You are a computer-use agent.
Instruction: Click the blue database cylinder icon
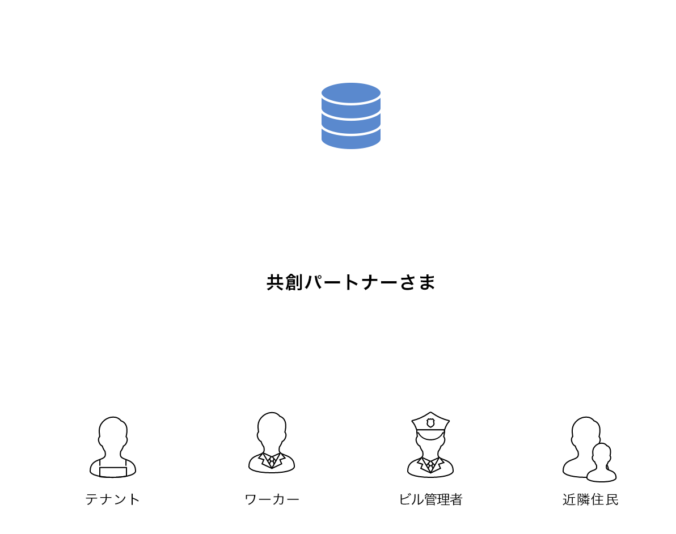coord(350,116)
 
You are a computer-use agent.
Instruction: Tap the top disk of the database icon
coord(350,93)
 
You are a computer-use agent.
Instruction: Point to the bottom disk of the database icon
coord(350,139)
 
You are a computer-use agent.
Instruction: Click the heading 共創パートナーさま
coord(350,282)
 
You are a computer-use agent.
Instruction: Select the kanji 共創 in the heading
coord(285,282)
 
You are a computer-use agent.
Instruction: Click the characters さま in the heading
coord(417,282)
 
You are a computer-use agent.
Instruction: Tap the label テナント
coord(112,499)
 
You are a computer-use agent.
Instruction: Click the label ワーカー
coord(272,499)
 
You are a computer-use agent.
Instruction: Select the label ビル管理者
coord(430,499)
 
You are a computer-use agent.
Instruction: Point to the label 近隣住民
coord(590,499)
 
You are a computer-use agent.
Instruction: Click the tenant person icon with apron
coord(112,447)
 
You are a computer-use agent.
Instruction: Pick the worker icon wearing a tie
coord(272,443)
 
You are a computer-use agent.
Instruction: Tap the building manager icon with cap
coord(430,445)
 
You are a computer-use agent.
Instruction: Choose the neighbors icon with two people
coord(589,449)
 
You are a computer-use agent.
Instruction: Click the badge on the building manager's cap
coord(430,422)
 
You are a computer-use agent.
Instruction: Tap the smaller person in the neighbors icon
coord(602,463)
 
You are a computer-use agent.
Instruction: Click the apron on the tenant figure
coord(113,472)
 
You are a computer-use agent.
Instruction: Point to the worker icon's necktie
coord(272,461)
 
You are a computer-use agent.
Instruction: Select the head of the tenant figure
coord(113,433)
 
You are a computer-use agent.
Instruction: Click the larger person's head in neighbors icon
coord(585,432)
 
